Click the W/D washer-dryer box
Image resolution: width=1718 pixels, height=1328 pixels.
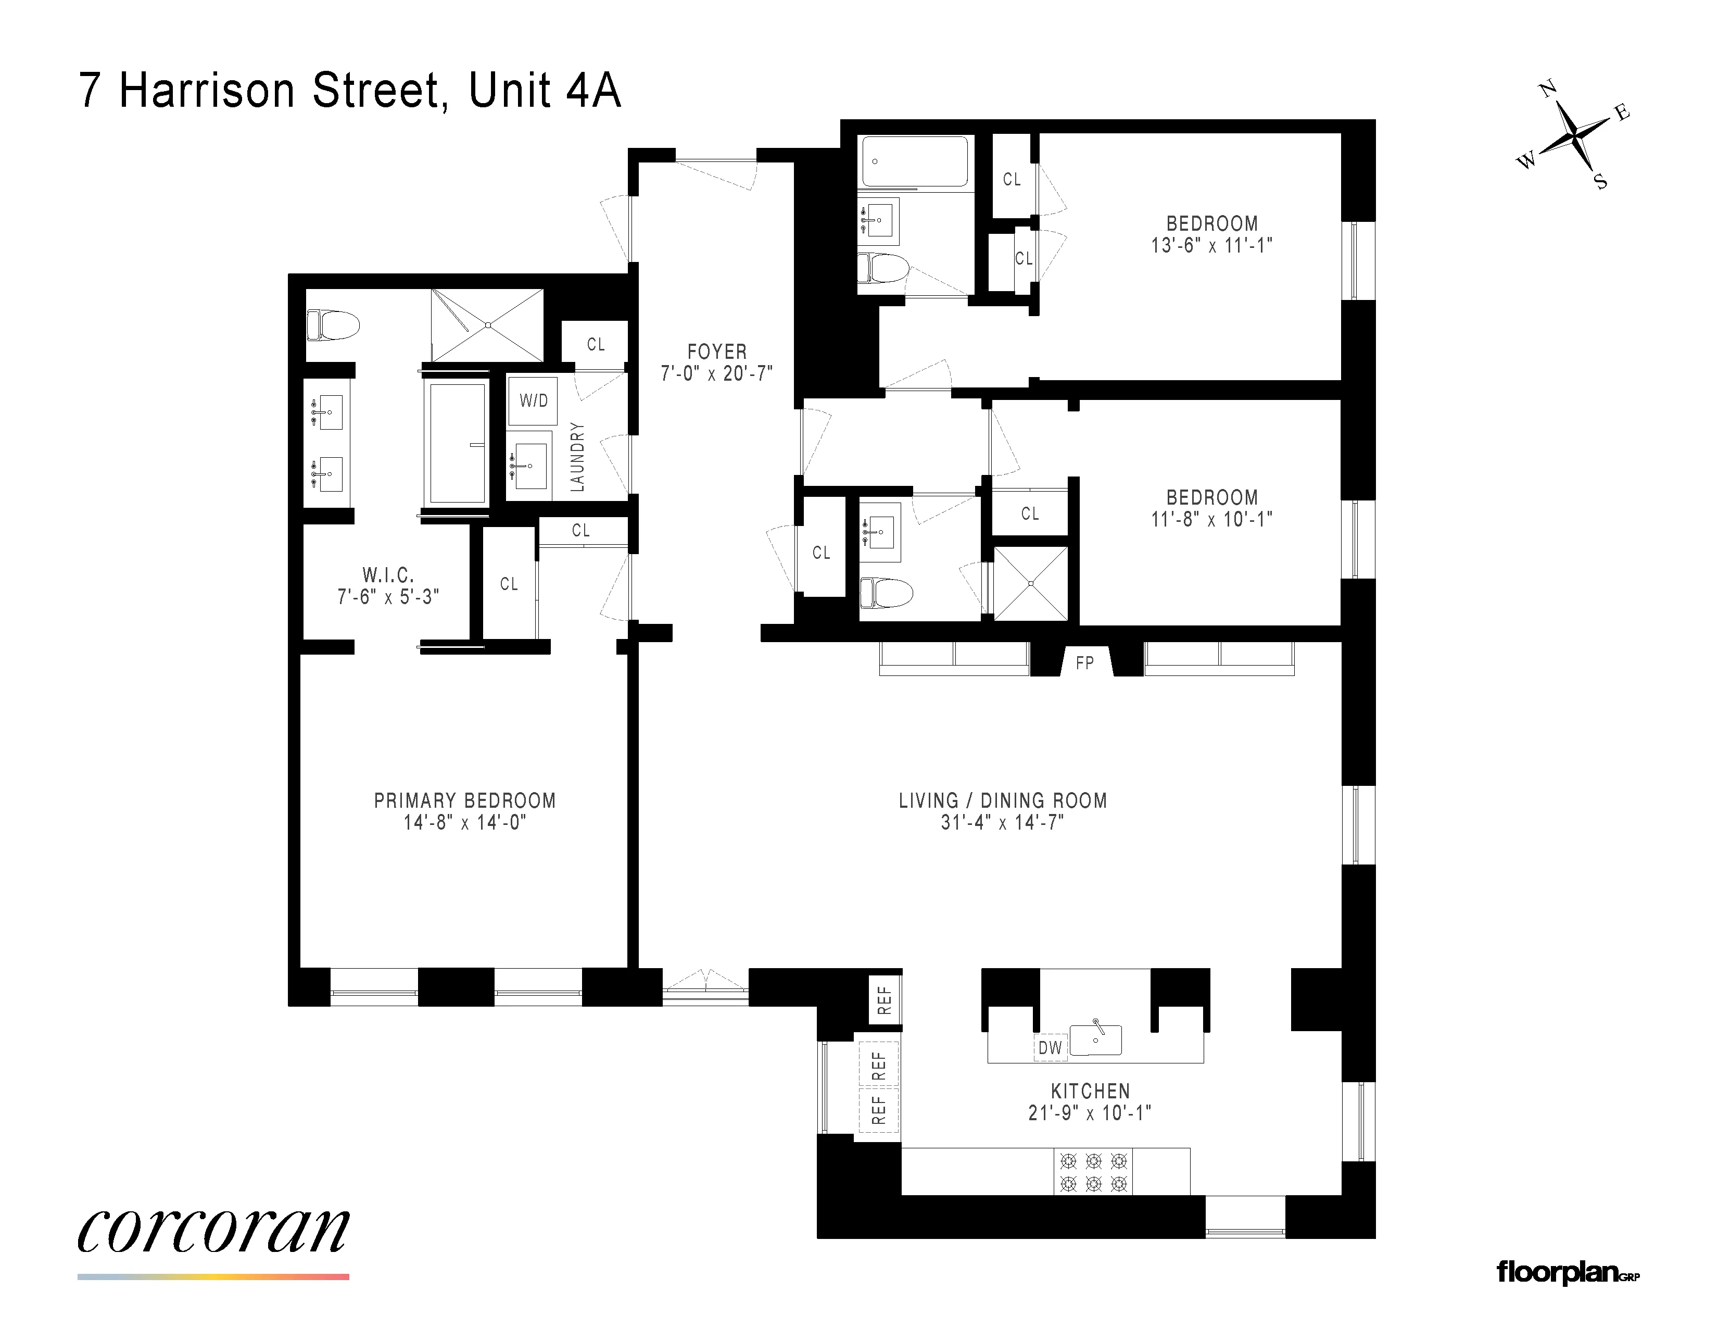coord(533,401)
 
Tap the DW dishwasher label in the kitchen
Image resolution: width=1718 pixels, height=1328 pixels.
coord(1050,1048)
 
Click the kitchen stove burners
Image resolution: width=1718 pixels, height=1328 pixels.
coord(1093,1172)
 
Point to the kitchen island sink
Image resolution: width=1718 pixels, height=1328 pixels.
coord(1096,1040)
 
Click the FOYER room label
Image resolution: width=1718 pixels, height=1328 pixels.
coord(717,352)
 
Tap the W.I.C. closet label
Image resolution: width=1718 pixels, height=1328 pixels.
coord(388,575)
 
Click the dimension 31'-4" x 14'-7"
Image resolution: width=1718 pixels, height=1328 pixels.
coord(1002,823)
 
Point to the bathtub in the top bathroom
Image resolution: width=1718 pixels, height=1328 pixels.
coord(914,161)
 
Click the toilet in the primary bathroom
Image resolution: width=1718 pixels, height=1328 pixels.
coord(332,324)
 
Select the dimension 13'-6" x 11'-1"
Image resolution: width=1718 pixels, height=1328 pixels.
coord(1211,245)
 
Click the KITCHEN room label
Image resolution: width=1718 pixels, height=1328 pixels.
coord(1090,1091)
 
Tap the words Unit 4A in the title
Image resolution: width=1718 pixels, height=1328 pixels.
coord(545,91)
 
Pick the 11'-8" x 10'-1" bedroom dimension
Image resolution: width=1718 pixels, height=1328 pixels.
coord(1211,519)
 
